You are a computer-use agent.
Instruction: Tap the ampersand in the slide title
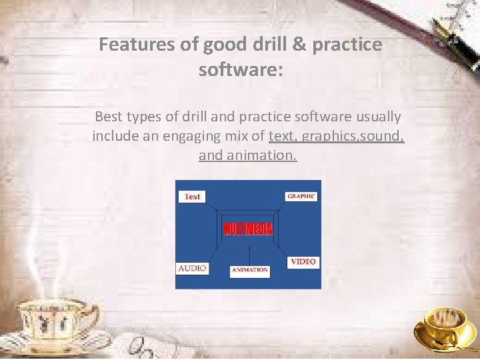point(299,45)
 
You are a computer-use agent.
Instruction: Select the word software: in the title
point(241,69)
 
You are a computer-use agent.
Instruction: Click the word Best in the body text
point(110,117)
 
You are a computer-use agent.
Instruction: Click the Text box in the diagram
point(192,197)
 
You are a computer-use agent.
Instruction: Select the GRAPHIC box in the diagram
point(301,196)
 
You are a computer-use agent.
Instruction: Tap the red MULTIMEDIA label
point(248,229)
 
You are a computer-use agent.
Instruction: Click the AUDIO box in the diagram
point(192,268)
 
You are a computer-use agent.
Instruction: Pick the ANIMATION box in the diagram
point(249,271)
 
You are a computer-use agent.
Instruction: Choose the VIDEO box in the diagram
point(303,261)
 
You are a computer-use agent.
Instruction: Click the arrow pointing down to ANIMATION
point(249,256)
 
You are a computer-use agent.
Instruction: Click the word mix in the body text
point(252,137)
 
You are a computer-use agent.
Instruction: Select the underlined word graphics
point(328,137)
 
